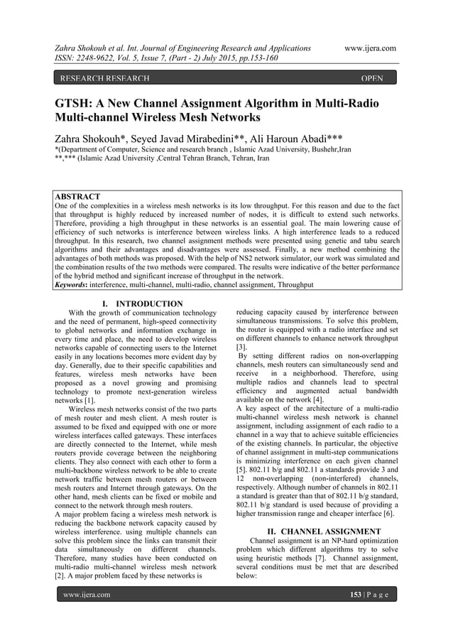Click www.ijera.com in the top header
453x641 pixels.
pos(369,48)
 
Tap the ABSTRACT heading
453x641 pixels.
pos(77,196)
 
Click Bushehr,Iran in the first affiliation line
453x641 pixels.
pos(327,150)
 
